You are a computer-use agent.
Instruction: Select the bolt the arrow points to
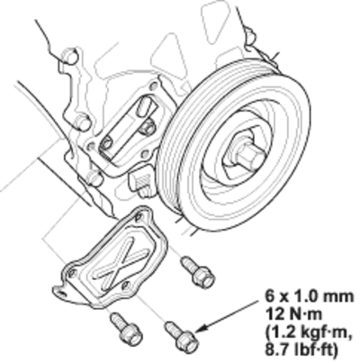coord(182,337)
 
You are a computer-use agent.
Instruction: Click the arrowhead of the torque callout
coord(201,328)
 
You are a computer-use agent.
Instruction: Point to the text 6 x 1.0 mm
coord(310,296)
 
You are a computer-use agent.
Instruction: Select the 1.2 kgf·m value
coord(308,332)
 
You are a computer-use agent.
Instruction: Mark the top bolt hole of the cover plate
coord(139,217)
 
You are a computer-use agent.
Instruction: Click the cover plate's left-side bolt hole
coord(72,273)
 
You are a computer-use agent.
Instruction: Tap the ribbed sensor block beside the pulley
coord(140,183)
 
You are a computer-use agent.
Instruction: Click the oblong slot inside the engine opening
coord(146,105)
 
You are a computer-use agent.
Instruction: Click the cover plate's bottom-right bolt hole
coord(126,286)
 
